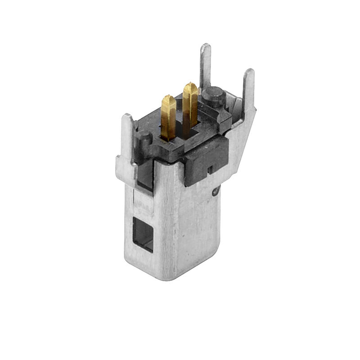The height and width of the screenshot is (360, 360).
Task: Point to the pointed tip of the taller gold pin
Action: pos(190,85)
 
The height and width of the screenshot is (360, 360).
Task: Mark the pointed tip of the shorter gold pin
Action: pos(169,97)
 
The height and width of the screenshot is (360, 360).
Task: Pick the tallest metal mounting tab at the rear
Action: pos(206,67)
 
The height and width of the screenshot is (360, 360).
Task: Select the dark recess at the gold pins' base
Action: pos(180,133)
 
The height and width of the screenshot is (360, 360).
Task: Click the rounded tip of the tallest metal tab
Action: pos(206,46)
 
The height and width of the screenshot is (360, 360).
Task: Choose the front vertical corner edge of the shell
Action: pos(156,225)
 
